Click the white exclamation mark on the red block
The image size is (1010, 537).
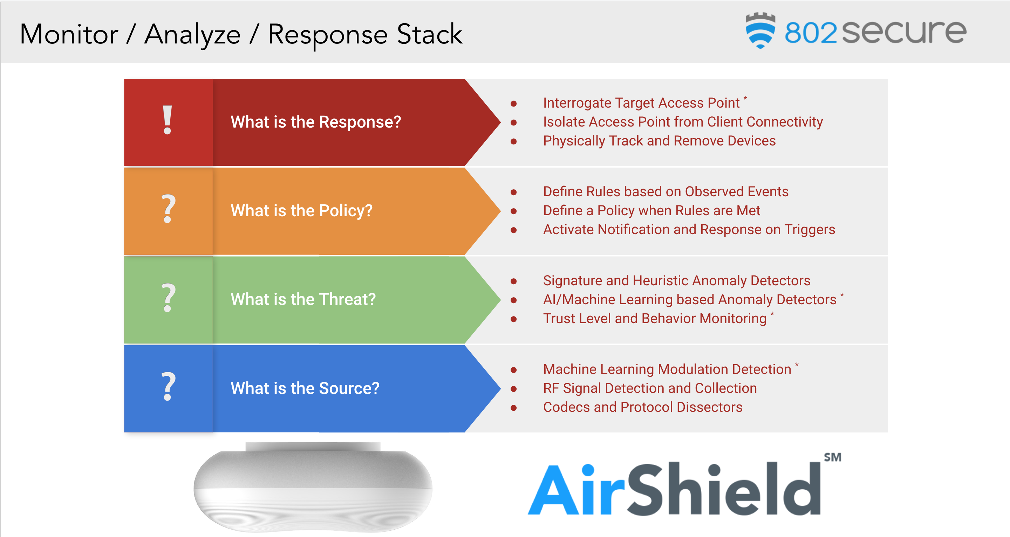pos(168,120)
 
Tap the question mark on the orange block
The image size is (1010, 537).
pos(168,209)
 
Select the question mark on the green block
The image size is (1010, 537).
pos(168,298)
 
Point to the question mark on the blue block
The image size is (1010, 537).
pos(168,386)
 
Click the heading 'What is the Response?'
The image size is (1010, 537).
pos(316,122)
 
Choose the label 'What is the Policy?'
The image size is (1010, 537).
pos(301,211)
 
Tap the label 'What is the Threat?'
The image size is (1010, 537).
pos(303,299)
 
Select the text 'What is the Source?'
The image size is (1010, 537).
pos(305,388)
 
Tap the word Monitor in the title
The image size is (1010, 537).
pos(69,34)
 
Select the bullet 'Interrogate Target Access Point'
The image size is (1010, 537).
pos(641,103)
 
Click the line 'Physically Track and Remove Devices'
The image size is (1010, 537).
pos(659,141)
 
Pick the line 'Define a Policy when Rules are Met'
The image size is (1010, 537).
pos(651,211)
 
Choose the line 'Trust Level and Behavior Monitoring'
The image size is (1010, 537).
pos(654,319)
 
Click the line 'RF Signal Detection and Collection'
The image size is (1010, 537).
pos(650,388)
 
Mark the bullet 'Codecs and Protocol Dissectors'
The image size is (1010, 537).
pos(642,407)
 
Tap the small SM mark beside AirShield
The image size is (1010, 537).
pos(832,457)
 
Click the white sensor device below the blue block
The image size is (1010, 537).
pos(313,488)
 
